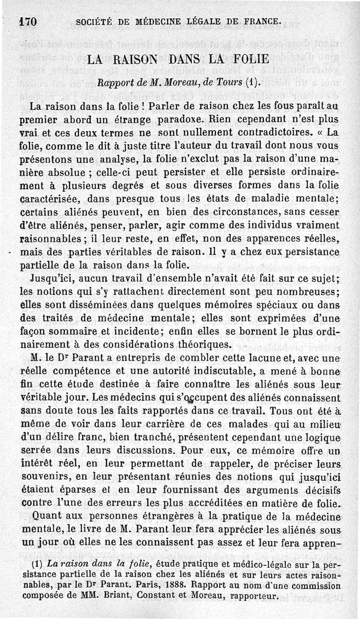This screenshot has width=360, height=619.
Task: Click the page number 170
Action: point(28,21)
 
